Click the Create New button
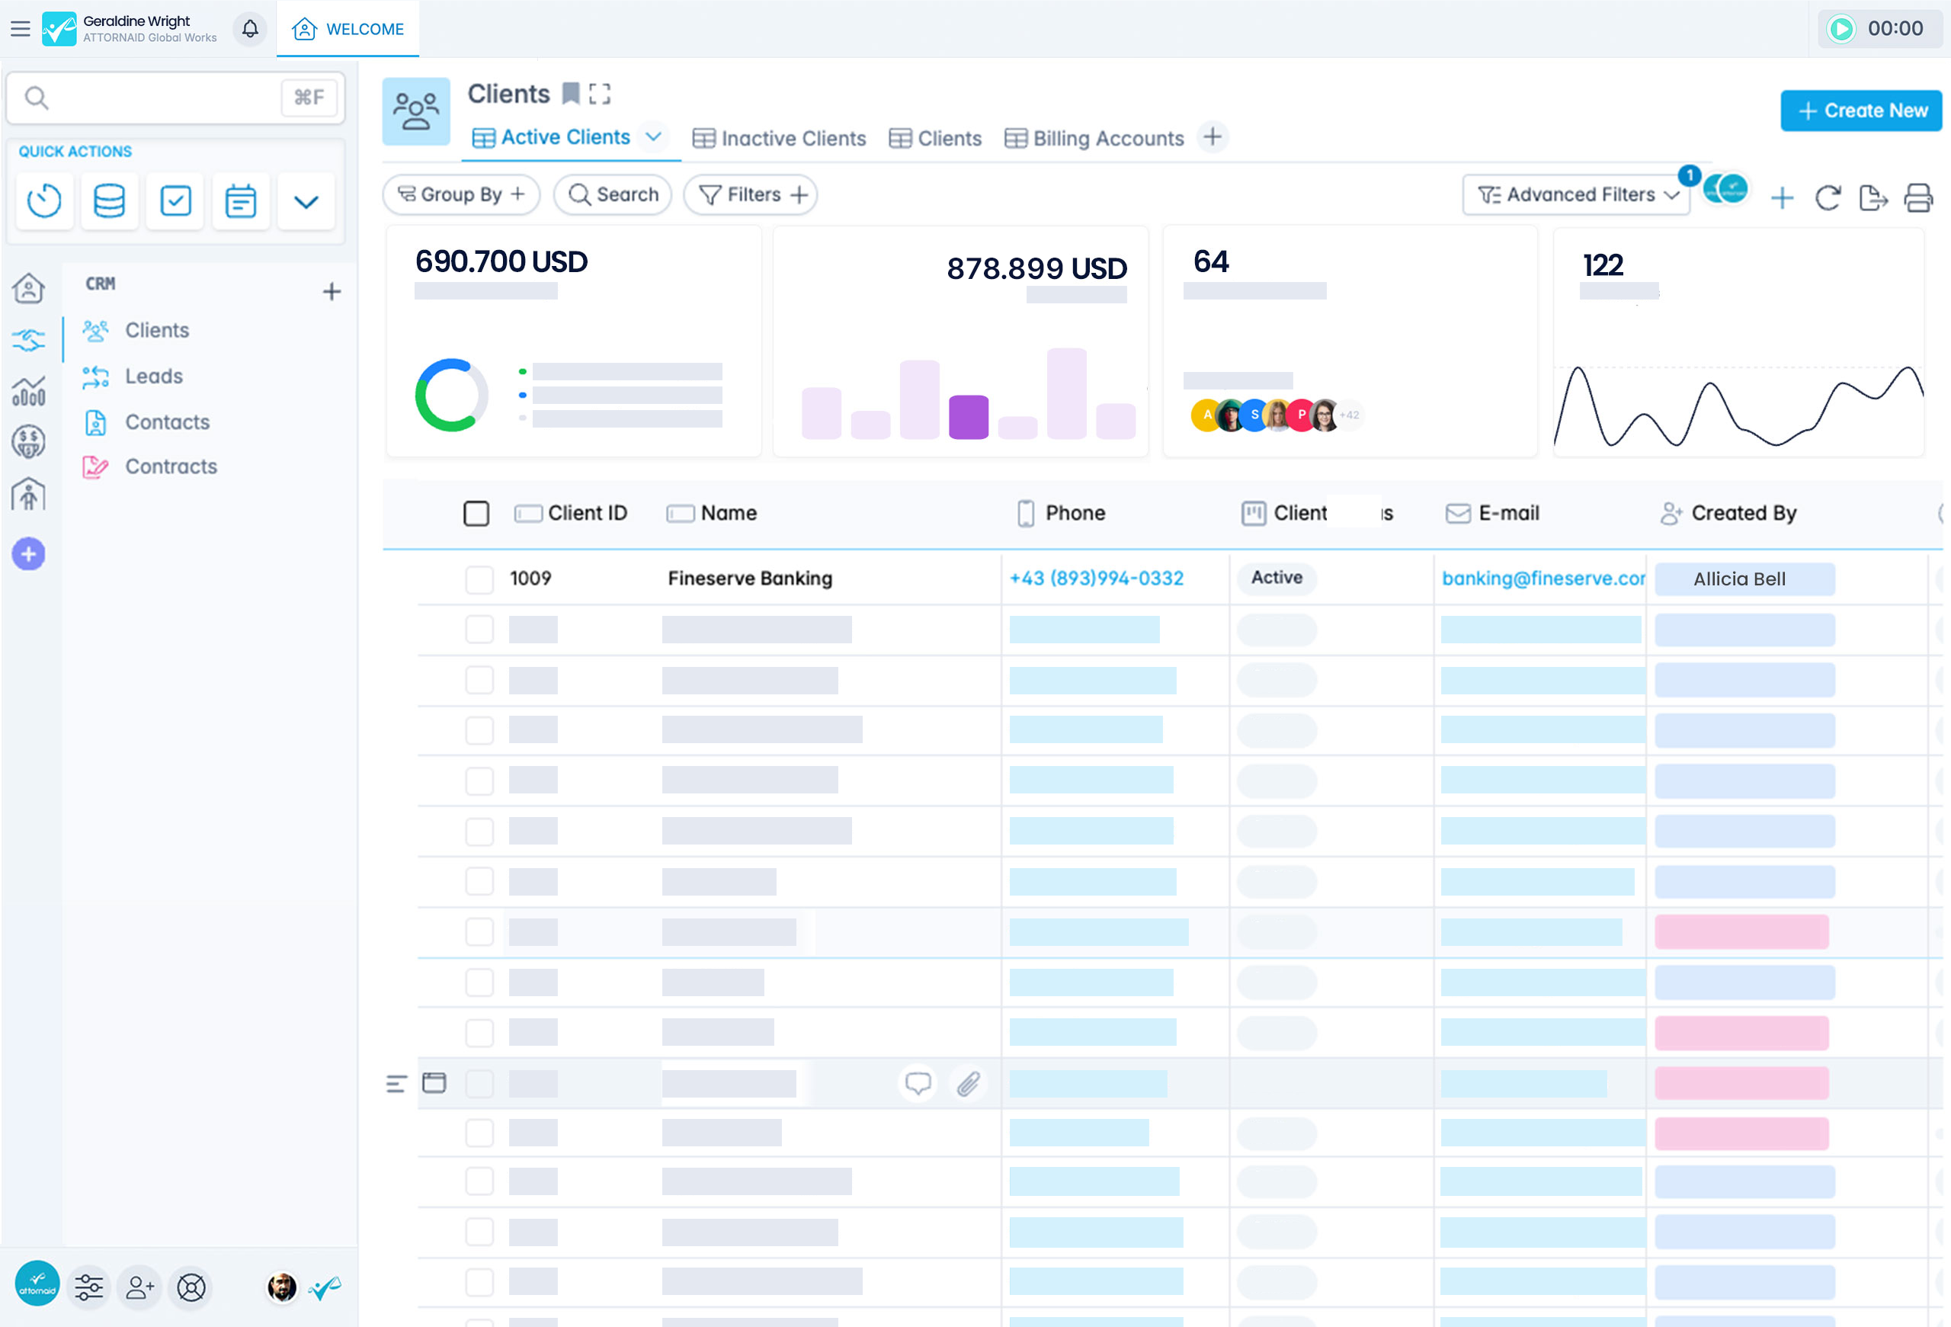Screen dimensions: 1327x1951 1860,111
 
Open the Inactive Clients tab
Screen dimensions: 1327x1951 779,139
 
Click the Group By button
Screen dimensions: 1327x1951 461,194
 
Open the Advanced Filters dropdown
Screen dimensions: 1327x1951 1577,194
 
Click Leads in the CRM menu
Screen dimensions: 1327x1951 154,376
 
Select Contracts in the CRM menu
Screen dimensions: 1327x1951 171,466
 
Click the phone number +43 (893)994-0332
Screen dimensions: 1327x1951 1096,579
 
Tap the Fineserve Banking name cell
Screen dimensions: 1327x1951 750,579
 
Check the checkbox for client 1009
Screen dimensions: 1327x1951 479,579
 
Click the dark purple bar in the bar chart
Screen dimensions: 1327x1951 968,416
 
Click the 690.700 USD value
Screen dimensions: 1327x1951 501,262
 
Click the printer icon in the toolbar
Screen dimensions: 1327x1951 1918,198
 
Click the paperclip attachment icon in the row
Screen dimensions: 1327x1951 968,1084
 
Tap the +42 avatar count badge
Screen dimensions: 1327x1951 1349,415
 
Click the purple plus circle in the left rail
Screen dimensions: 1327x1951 28,554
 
